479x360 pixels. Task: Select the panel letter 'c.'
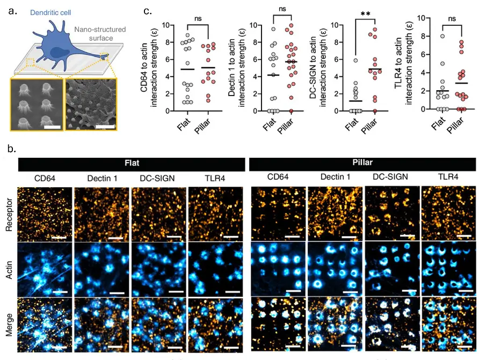pyautogui.click(x=147, y=11)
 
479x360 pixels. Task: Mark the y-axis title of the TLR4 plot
pyautogui.click(x=404, y=64)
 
